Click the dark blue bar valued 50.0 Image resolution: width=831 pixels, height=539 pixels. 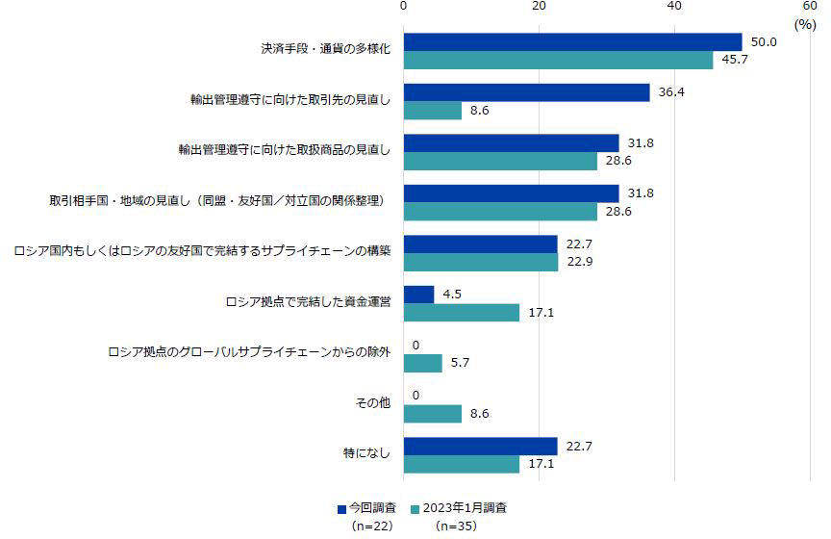572,42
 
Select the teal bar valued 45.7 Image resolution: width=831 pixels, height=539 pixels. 558,61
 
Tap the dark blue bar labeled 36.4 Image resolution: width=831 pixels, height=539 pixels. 526,92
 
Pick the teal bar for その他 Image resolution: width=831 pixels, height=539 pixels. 433,413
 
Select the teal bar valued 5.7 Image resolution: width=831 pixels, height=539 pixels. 422,363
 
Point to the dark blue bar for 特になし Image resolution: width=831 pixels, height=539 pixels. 480,446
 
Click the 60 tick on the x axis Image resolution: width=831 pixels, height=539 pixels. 810,7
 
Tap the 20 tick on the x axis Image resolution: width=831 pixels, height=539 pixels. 539,7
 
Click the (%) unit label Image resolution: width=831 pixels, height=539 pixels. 804,25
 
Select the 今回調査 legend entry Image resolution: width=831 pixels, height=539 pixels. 369,507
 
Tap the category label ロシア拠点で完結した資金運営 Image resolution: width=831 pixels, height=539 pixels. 307,301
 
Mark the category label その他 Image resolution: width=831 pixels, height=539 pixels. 373,403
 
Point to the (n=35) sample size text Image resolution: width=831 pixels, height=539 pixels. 456,526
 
